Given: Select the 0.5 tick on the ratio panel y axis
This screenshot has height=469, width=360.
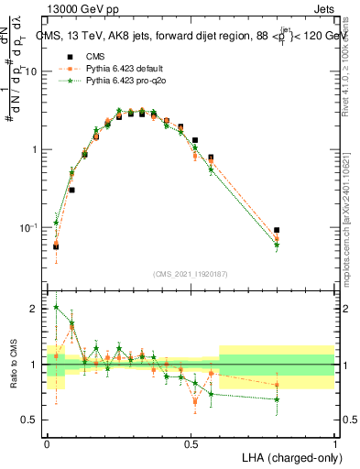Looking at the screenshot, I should click(32, 420).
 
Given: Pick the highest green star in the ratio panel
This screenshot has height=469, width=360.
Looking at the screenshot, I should click(56, 308).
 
